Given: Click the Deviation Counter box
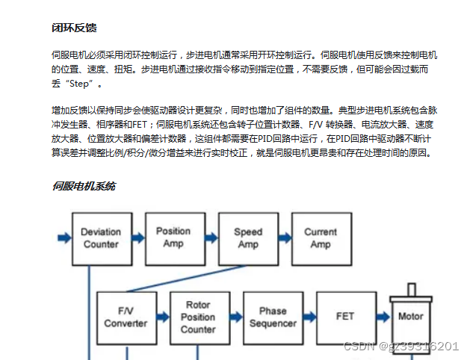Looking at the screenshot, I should (x=101, y=238).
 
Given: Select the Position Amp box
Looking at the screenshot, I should (x=173, y=237).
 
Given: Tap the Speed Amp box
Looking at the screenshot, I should (x=248, y=238).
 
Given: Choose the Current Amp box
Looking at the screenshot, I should (x=321, y=238).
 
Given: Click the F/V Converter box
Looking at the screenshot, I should (x=126, y=317).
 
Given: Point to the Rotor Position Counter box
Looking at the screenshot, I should (x=198, y=317).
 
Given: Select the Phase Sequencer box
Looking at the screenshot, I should (x=273, y=317).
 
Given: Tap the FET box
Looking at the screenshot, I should (x=345, y=317).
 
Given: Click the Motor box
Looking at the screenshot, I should (x=410, y=317).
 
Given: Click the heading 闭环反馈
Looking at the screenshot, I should (x=73, y=28).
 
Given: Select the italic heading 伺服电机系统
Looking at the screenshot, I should (x=84, y=186).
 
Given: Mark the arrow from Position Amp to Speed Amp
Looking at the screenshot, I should (x=211, y=238).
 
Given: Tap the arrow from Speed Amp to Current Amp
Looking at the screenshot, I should (x=284, y=238).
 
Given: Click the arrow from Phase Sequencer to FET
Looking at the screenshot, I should (x=309, y=317).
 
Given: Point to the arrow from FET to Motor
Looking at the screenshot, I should (x=382, y=317).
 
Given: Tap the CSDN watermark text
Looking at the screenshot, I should (x=400, y=346).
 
